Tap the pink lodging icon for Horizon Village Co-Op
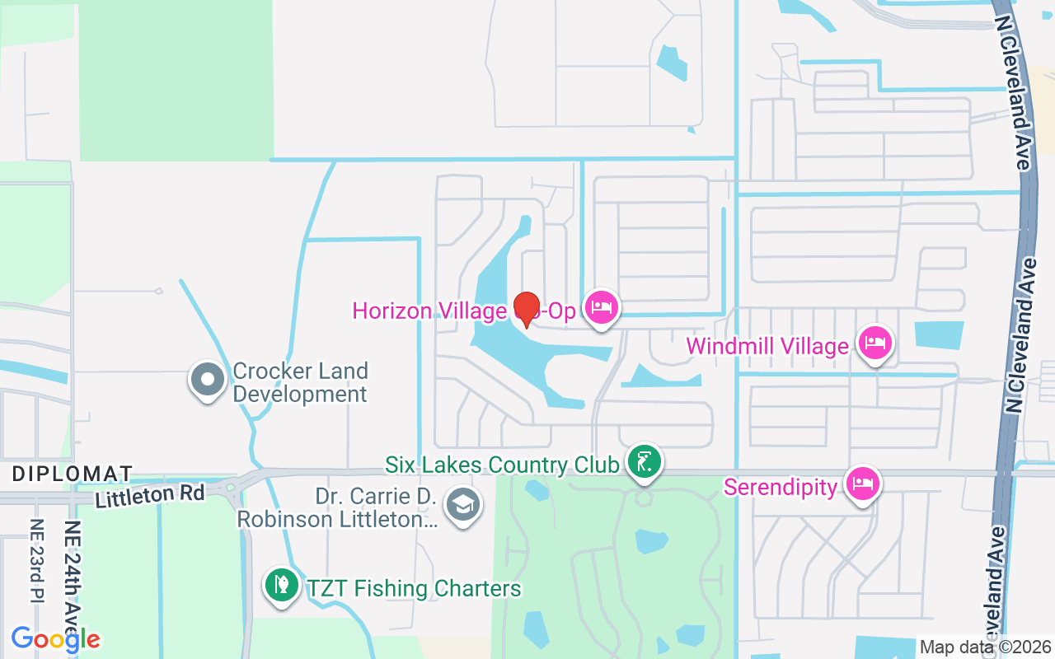tap(602, 308)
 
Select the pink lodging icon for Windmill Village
tap(875, 343)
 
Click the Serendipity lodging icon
tap(862, 484)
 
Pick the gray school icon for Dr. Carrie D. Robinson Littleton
tap(463, 505)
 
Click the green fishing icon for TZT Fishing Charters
tap(281, 585)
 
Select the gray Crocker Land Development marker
tap(207, 380)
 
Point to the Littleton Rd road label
tap(149, 496)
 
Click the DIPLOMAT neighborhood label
tap(73, 474)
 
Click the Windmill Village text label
tap(767, 346)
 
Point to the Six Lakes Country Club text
tap(502, 465)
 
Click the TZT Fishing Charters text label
tap(414, 588)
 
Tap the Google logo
tap(56, 638)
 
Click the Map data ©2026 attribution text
tap(985, 647)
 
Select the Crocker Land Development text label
tap(300, 382)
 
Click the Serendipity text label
tap(781, 487)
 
